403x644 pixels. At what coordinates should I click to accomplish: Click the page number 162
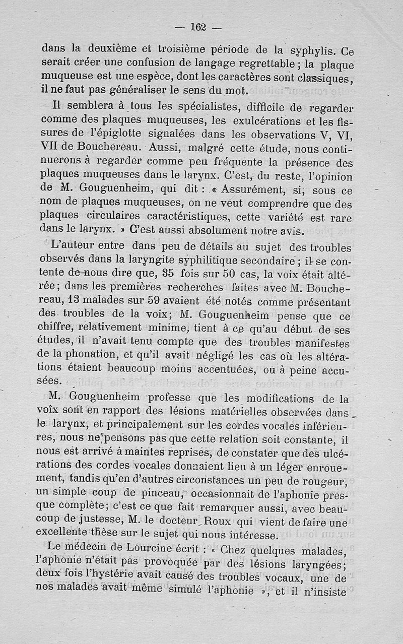199,27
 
